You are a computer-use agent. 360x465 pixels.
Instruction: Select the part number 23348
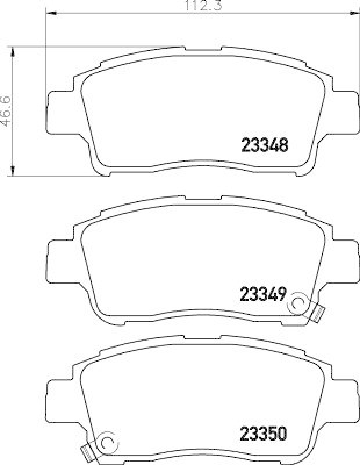(264, 145)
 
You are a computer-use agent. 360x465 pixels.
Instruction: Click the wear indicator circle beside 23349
(299, 302)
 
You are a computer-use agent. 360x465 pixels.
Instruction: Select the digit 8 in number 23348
(284, 145)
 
